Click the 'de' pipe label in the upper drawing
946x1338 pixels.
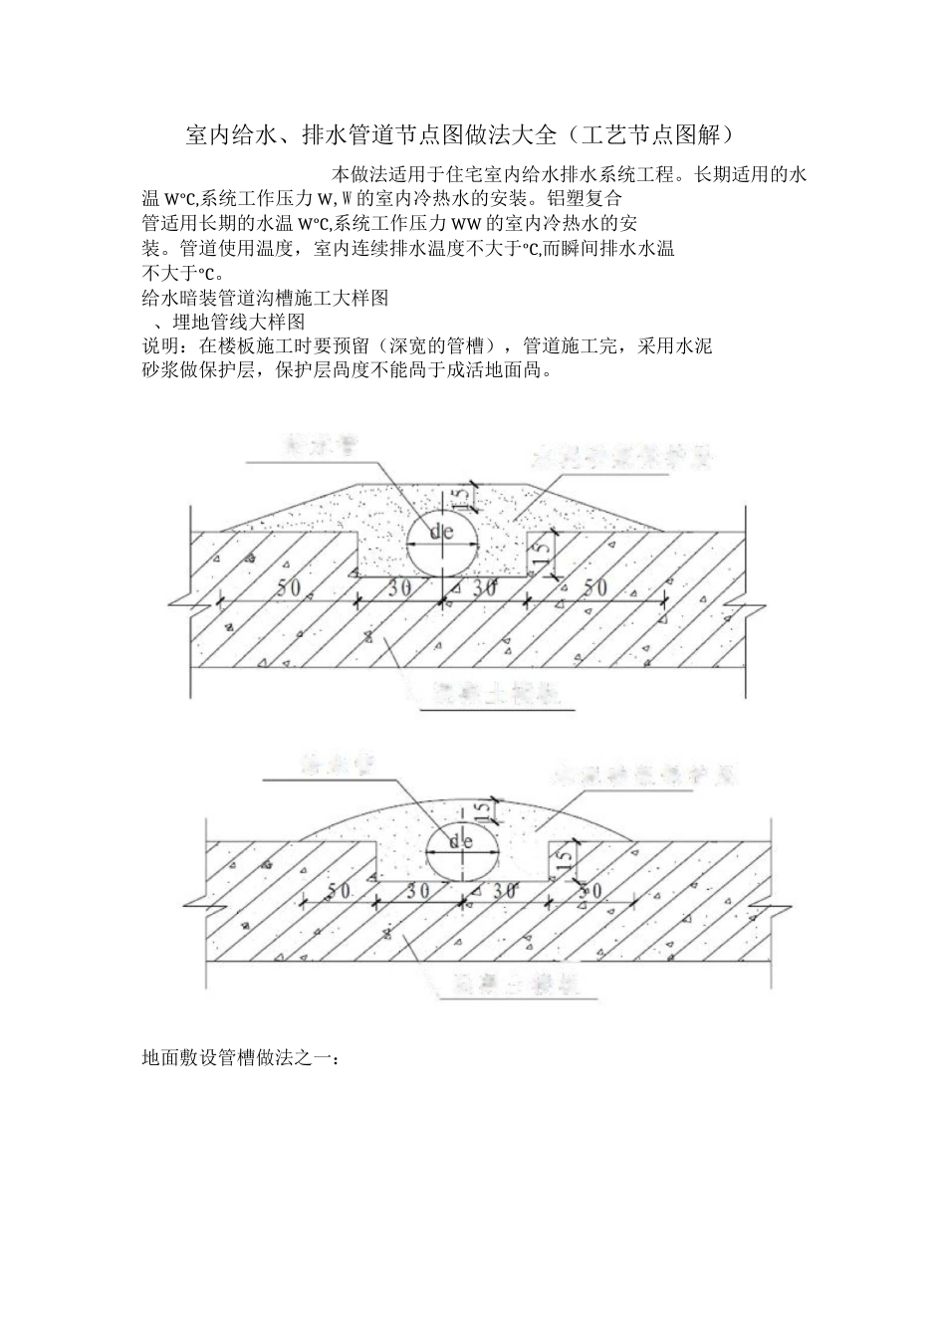click(441, 532)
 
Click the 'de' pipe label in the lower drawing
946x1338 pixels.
click(460, 841)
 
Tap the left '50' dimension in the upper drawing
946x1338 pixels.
click(288, 587)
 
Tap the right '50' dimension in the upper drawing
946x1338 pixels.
click(594, 587)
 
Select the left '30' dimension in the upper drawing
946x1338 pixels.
click(399, 587)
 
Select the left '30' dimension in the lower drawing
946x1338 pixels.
click(418, 891)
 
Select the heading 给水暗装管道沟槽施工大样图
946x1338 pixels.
click(265, 298)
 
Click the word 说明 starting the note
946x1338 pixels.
click(161, 346)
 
